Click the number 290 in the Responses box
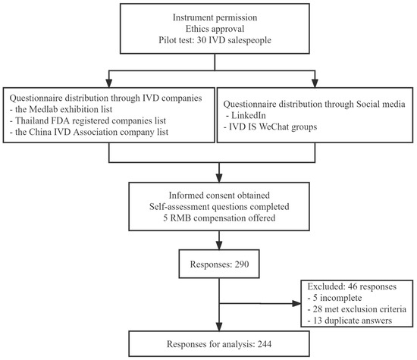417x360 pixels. click(242, 265)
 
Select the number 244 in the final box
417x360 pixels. click(265, 344)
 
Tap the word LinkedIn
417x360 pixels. click(249, 115)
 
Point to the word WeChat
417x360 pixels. click(274, 127)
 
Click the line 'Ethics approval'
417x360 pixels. click(215, 29)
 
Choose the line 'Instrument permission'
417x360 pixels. click(215, 17)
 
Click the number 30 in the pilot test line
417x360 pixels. click(202, 40)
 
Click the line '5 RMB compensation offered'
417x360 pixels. click(219, 218)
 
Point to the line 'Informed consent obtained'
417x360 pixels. click(219, 196)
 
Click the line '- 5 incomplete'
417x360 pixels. click(334, 298)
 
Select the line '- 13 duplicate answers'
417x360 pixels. click(350, 321)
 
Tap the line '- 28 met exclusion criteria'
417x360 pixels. click(357, 309)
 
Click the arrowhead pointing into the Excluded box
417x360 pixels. click(296, 303)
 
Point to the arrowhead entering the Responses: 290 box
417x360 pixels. click(219, 246)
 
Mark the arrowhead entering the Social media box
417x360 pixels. click(315, 83)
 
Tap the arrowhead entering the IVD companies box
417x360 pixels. click(108, 83)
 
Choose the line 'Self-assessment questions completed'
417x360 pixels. click(219, 207)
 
